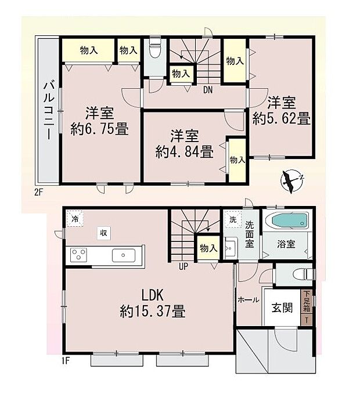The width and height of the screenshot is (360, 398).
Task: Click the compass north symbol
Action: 291,180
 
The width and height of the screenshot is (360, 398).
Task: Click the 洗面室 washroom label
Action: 249,233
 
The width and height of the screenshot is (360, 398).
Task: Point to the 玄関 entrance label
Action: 282,308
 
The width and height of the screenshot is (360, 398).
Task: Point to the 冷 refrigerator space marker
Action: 74,219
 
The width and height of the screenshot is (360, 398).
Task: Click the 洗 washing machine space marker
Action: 232,220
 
